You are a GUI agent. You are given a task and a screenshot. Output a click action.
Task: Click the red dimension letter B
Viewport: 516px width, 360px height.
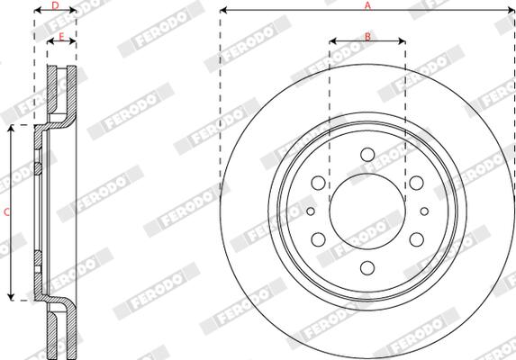pyautogui.click(x=367, y=36)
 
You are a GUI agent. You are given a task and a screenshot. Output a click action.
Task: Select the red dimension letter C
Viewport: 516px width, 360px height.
pyautogui.click(x=6, y=212)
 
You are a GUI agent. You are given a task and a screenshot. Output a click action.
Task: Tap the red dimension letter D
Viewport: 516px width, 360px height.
pyautogui.click(x=55, y=5)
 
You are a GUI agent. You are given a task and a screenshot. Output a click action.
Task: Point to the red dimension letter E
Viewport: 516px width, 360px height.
pyautogui.click(x=61, y=37)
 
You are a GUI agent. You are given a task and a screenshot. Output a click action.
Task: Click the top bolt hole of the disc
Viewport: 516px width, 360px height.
pyautogui.click(x=367, y=155)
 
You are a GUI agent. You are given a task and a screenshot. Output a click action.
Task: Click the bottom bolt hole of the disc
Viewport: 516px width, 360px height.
pyautogui.click(x=367, y=268)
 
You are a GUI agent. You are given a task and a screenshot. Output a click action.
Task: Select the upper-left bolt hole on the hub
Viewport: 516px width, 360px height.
pyautogui.click(x=318, y=183)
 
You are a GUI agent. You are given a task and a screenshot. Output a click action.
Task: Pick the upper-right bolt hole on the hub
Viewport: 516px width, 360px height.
pyautogui.click(x=417, y=183)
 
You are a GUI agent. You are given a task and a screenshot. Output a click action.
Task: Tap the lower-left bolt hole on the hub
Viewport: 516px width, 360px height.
pyautogui.click(x=318, y=239)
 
